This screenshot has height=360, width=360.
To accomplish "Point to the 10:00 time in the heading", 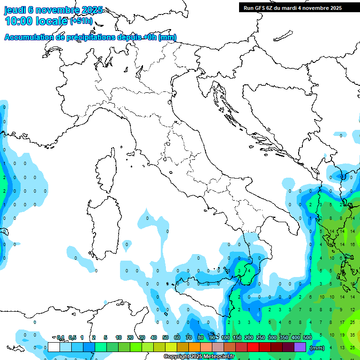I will (19, 21).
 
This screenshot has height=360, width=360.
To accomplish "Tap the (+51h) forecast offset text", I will (81, 21).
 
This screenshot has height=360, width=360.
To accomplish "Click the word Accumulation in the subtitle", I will (29, 37).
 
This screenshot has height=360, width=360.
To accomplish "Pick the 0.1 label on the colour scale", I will (60, 337).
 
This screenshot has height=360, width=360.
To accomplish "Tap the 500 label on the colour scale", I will (307, 337).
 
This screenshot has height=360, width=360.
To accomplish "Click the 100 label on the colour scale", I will (225, 337).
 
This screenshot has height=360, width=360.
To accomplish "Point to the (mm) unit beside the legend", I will (317, 348).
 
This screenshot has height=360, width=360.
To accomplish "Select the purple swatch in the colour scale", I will (300, 347).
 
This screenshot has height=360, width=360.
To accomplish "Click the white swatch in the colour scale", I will (53, 347).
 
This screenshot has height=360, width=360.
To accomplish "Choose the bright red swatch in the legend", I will (253, 347).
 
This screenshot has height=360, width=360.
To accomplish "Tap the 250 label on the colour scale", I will (261, 337).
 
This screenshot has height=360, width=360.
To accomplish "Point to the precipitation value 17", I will (342, 322).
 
